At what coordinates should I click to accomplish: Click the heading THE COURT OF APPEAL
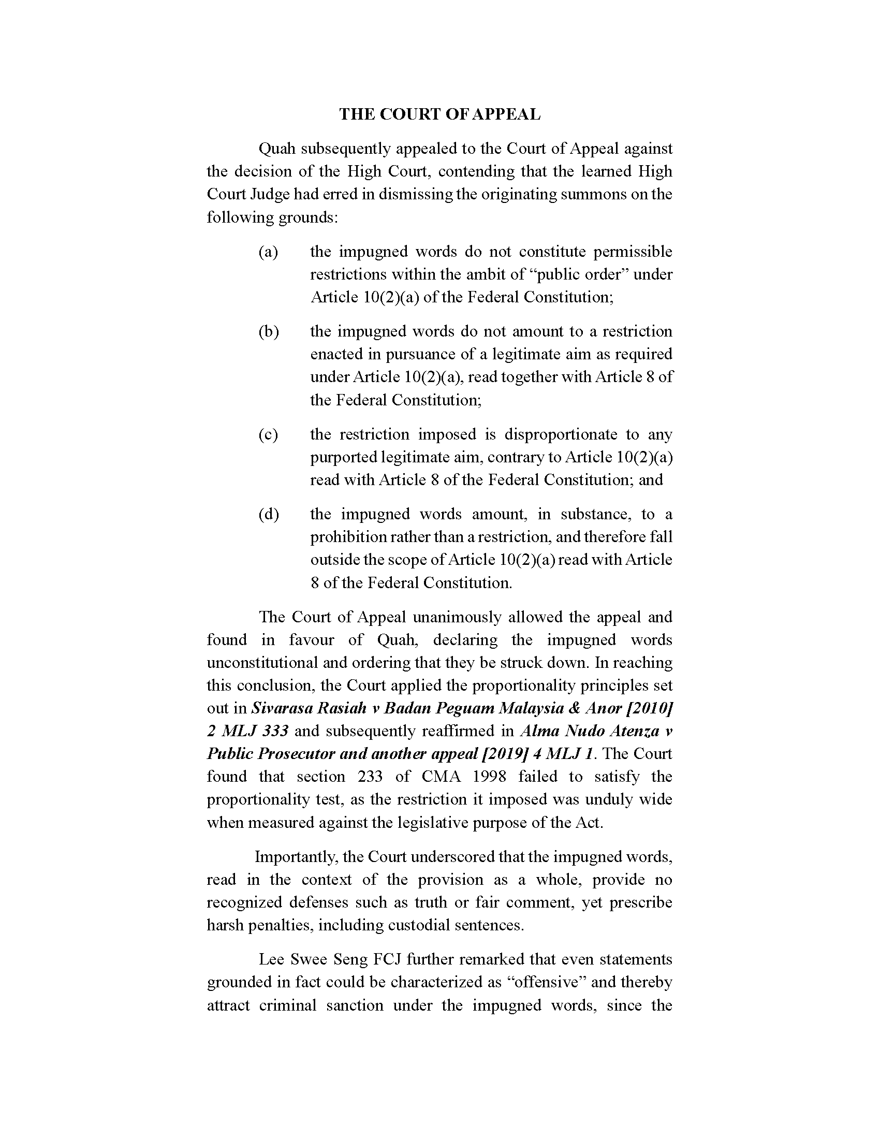coord(439,114)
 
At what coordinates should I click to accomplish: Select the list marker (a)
coord(268,252)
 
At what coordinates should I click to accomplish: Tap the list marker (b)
coord(269,332)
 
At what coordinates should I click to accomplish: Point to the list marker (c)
coord(268,434)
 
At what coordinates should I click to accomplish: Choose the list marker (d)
coord(269,514)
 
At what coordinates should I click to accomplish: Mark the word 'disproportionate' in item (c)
coord(561,434)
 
